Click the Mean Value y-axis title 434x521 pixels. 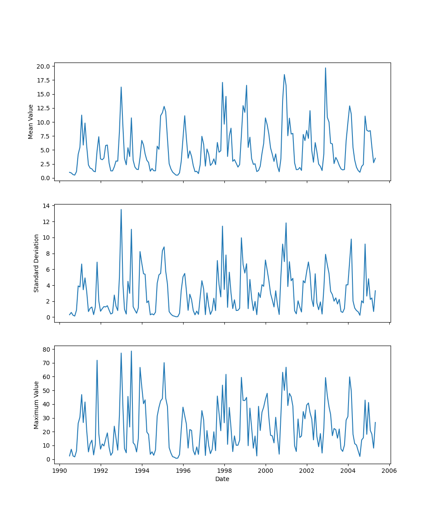click(31, 122)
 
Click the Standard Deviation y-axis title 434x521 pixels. click(36, 263)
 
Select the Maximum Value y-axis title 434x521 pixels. click(36, 405)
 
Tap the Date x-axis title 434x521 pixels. click(222, 479)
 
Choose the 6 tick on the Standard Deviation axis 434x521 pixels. click(48, 270)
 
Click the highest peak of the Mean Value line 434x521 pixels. click(325, 68)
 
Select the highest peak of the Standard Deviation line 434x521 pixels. click(121, 210)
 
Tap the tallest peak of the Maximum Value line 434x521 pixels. click(132, 351)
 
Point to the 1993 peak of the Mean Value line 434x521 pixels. click(121, 87)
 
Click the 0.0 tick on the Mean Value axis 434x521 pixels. click(46, 178)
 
